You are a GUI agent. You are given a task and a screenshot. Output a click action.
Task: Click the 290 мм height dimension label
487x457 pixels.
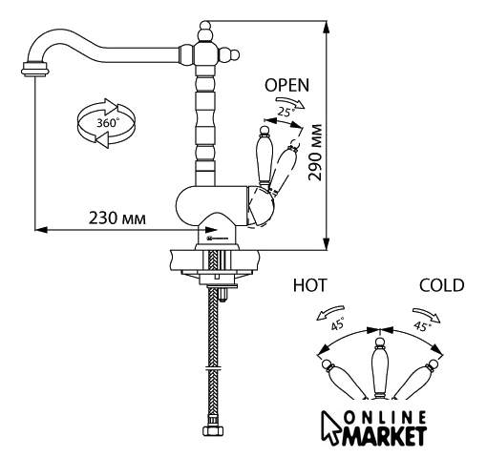click(315, 153)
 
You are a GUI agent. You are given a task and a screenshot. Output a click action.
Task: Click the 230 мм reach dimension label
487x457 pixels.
click(117, 218)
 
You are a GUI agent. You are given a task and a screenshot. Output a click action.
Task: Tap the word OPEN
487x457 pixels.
click(286, 85)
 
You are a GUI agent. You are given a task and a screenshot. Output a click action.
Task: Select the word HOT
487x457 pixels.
click(309, 285)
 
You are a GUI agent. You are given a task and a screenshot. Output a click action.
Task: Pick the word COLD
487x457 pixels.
click(441, 285)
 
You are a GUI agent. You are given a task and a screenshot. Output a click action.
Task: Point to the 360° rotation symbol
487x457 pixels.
click(106, 123)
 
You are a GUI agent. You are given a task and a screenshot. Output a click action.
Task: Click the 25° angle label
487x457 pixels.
click(285, 112)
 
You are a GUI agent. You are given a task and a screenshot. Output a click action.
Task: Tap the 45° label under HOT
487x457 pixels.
click(338, 323)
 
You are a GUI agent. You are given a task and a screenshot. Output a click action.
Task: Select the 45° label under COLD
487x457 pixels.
click(422, 325)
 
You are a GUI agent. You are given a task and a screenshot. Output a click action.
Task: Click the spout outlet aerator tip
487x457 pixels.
click(35, 69)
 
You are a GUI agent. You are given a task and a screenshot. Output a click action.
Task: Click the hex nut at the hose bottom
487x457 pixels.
click(213, 430)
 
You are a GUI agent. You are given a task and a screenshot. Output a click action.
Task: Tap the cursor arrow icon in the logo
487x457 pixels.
click(331, 427)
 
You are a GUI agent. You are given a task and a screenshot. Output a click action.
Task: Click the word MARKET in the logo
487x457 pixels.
click(384, 436)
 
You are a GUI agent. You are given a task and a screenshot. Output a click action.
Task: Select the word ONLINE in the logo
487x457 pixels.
click(386, 418)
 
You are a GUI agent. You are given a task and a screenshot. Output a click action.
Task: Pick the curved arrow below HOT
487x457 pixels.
click(329, 312)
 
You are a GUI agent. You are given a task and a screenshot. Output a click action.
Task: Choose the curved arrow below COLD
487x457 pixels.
click(427, 314)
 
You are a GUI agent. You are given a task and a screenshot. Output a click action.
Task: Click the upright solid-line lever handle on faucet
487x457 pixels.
click(264, 157)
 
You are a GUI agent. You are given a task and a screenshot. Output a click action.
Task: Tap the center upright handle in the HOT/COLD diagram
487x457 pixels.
click(379, 369)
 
